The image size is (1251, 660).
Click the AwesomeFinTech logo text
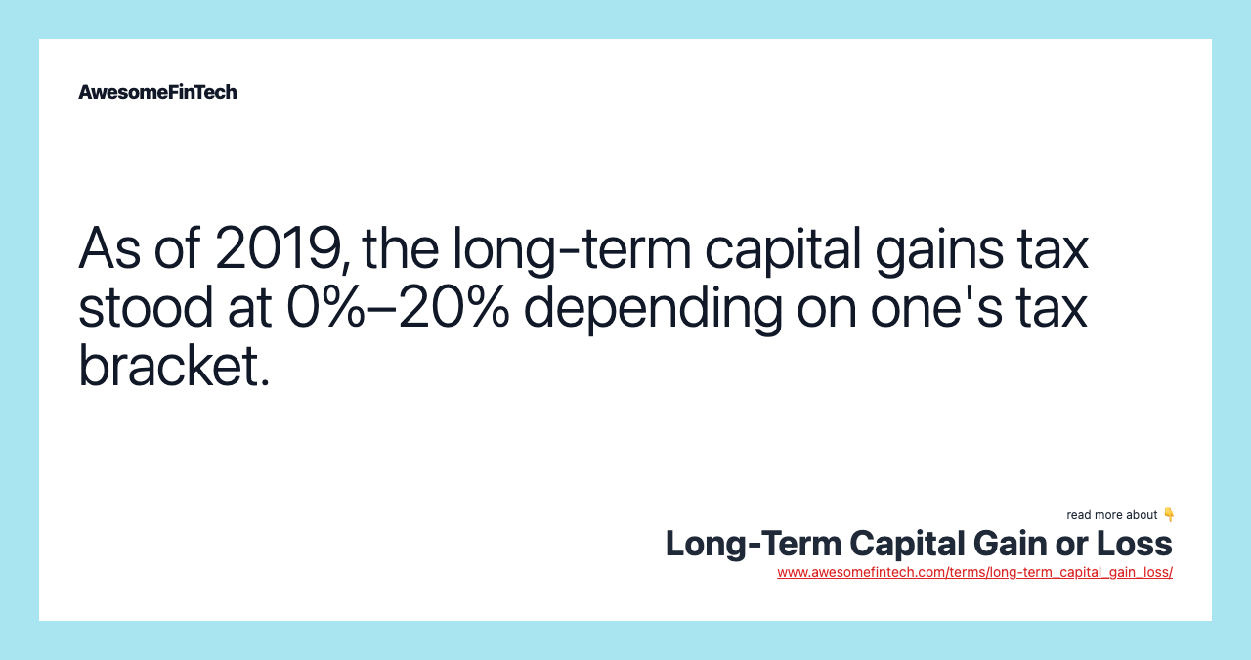[157, 92]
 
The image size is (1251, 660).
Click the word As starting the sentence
[109, 248]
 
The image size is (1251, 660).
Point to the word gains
[939, 250]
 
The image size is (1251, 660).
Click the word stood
[146, 306]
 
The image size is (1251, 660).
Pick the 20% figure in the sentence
[454, 306]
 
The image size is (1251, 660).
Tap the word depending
[653, 308]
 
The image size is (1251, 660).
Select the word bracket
[174, 366]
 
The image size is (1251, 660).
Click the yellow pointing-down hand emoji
[1168, 514]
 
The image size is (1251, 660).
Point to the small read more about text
[1111, 515]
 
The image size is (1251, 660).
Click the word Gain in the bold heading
[1010, 544]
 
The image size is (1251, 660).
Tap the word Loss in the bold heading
[1135, 544]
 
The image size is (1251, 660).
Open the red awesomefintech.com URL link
[974, 572]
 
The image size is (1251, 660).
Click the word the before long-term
[401, 248]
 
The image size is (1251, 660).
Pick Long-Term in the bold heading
[754, 545]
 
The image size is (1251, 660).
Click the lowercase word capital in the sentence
[783, 250]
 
